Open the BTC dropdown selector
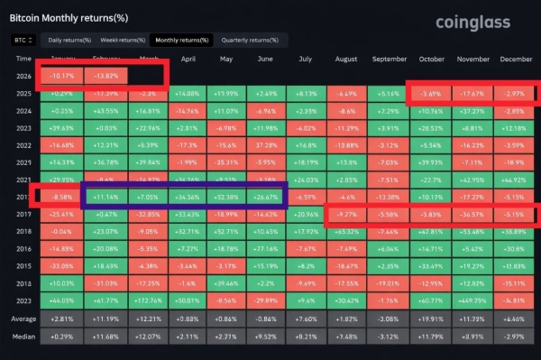(23, 41)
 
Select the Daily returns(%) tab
(69, 41)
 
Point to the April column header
(188, 59)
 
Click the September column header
(389, 59)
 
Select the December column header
(514, 59)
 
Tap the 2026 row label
(23, 76)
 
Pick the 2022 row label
(23, 144)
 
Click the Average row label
(25, 318)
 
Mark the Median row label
(25, 336)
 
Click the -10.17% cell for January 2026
(63, 76)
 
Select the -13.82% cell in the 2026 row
(105, 76)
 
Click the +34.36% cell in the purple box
(188, 196)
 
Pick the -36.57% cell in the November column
(472, 213)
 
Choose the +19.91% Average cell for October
(430, 318)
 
